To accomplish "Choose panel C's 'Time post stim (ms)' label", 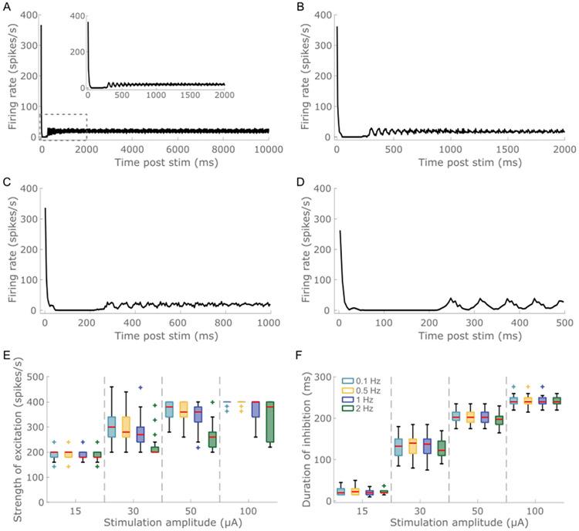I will [x=157, y=337].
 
